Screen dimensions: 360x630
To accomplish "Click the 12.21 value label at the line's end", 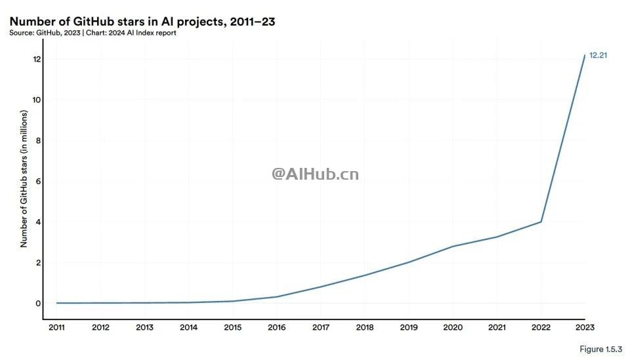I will tap(598, 56).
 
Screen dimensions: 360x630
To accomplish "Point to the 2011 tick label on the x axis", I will tap(56, 327).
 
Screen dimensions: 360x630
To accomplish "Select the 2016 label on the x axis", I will tap(277, 327).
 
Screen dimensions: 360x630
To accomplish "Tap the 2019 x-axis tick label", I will tap(409, 327).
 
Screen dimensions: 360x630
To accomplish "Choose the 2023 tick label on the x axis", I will tap(585, 327).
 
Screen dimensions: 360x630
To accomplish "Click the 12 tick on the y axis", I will tap(37, 59).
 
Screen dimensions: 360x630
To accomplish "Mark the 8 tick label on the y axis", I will tap(39, 140).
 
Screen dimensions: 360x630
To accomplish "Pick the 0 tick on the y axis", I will tap(39, 303).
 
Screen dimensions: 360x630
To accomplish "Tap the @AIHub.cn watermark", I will tap(316, 174).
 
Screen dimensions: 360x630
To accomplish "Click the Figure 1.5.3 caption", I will tap(600, 349).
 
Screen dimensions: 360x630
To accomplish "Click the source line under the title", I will tap(93, 33).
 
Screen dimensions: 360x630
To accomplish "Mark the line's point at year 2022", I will tap(541, 222).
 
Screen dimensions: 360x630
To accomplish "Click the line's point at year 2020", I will tap(453, 246).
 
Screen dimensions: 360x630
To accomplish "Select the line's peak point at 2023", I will tap(585, 55).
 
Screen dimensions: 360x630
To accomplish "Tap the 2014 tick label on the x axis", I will tap(188, 327).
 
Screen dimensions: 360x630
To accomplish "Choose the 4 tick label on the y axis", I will tap(39, 222).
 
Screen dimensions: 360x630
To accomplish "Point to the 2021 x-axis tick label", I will tap(497, 327).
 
